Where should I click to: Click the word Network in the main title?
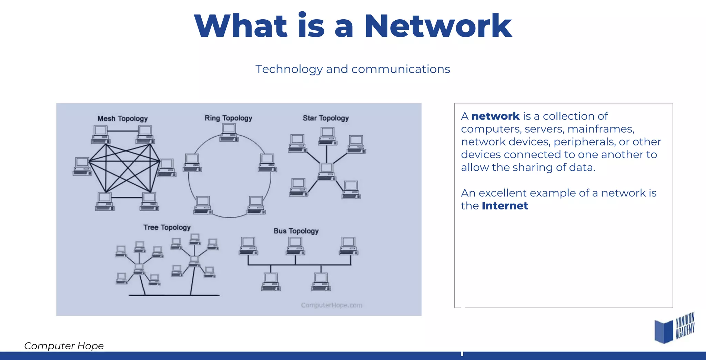pos(438,26)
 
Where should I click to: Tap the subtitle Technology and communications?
pos(353,69)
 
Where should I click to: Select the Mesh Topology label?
pos(122,119)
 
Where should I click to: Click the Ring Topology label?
pos(228,118)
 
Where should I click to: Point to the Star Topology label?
pos(325,118)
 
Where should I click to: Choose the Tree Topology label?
pos(167,227)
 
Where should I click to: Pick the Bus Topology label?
pos(296,231)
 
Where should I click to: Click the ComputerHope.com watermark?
pos(331,305)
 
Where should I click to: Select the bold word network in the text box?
pos(495,116)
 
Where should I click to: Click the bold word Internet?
pos(505,206)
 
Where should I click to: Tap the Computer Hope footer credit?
pos(64,346)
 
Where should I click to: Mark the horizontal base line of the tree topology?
pos(174,295)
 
